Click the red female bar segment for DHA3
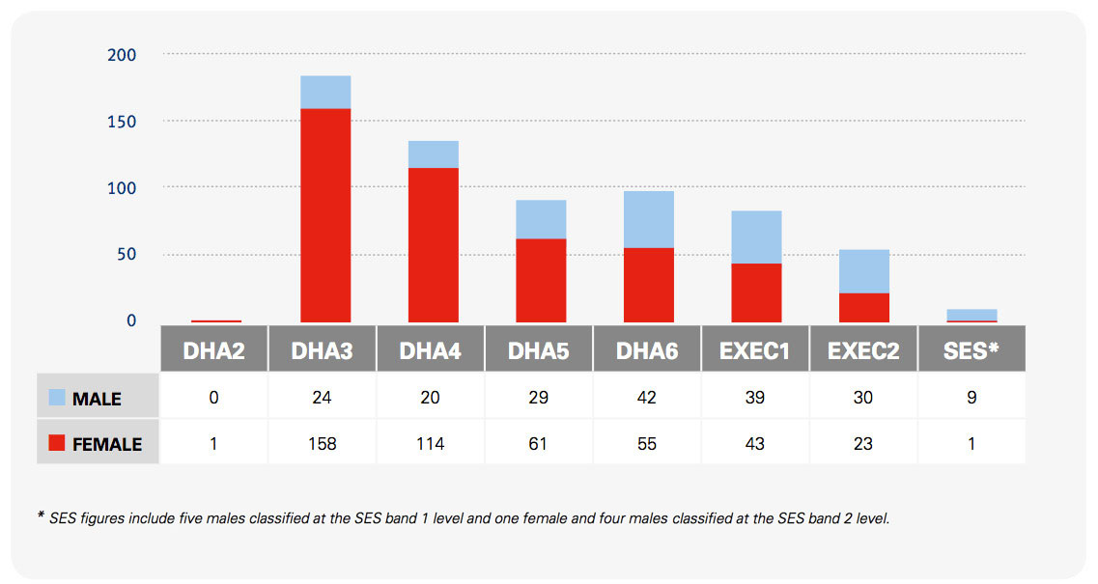pyautogui.click(x=325, y=215)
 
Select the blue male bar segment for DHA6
pyautogui.click(x=648, y=219)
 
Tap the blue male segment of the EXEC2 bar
pyautogui.click(x=863, y=271)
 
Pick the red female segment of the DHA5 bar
pyautogui.click(x=541, y=280)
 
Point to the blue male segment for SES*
pyautogui.click(x=971, y=314)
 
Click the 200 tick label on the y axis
pyautogui.click(x=122, y=55)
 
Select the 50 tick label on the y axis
pyautogui.click(x=127, y=255)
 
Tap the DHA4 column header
pyautogui.click(x=431, y=350)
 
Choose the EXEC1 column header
pyautogui.click(x=754, y=350)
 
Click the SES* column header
pyautogui.click(x=971, y=350)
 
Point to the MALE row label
pyautogui.click(x=97, y=399)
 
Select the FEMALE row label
pyautogui.click(x=106, y=444)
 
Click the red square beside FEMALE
pyautogui.click(x=56, y=444)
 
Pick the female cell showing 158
pyautogui.click(x=322, y=444)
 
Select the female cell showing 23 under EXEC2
pyautogui.click(x=862, y=444)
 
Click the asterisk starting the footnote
pyautogui.click(x=41, y=517)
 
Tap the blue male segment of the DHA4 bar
pyautogui.click(x=434, y=154)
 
